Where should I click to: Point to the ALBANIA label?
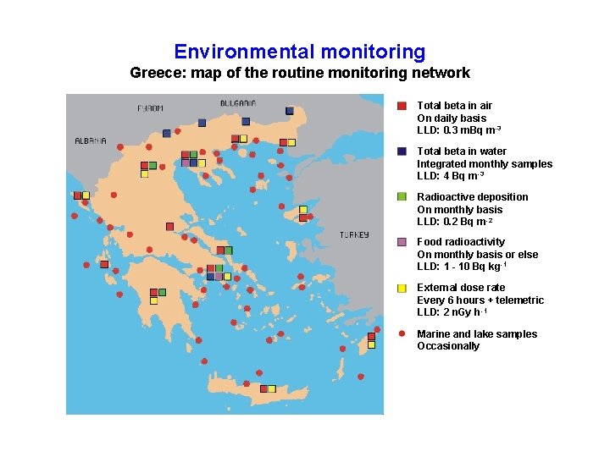pyautogui.click(x=91, y=141)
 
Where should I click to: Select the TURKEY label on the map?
pyautogui.click(x=354, y=234)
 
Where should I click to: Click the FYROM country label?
pyautogui.click(x=151, y=108)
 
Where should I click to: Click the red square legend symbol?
pyautogui.click(x=402, y=106)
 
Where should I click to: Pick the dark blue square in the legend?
pyautogui.click(x=402, y=151)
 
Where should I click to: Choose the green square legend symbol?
pyautogui.click(x=402, y=196)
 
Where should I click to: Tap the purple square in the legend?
pyautogui.click(x=402, y=242)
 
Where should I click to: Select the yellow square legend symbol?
pyautogui.click(x=402, y=288)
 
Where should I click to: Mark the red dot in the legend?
pyautogui.click(x=402, y=333)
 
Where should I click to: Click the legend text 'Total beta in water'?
pyautogui.click(x=462, y=151)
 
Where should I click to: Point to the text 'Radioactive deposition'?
pyautogui.click(x=472, y=197)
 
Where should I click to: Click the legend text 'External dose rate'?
pyautogui.click(x=461, y=288)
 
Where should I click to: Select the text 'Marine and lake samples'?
pyautogui.click(x=477, y=334)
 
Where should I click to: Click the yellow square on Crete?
pyautogui.click(x=272, y=389)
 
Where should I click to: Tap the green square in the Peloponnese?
pyautogui.click(x=162, y=293)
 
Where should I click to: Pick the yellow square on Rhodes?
pyautogui.click(x=371, y=344)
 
